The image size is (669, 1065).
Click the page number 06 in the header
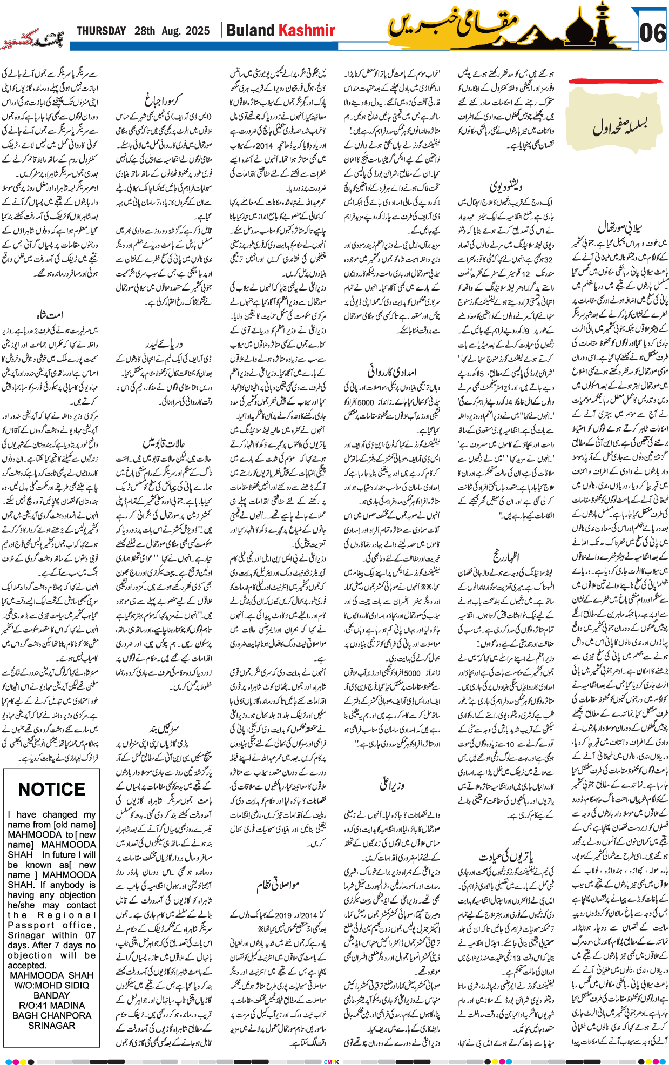coord(652,33)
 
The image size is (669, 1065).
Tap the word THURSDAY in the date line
coord(102,31)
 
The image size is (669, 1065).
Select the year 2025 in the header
coord(197,31)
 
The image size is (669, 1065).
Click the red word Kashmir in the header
coord(306,31)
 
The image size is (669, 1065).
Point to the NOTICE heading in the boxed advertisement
coord(52,789)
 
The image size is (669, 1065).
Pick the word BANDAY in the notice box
coord(51,995)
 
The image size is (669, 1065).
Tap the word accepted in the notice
coord(27,965)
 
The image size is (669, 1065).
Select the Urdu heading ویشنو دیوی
coord(505,187)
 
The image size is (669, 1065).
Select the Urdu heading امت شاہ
coord(50,315)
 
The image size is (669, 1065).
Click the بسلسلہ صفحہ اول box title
coord(619,127)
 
